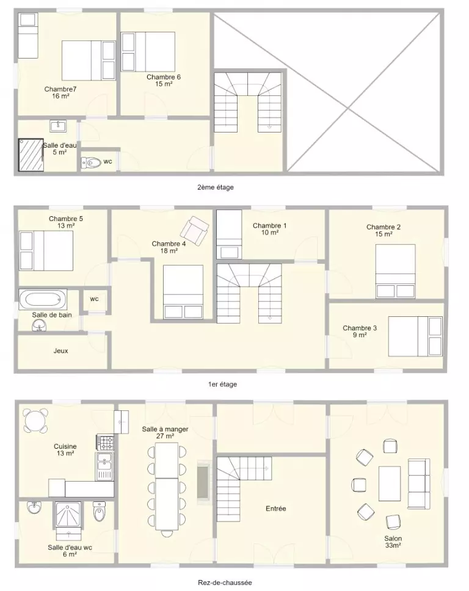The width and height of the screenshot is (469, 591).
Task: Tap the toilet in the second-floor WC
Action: point(91,163)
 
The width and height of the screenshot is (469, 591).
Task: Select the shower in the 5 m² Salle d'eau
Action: point(31,154)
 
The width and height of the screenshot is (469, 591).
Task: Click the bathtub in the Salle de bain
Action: point(43,300)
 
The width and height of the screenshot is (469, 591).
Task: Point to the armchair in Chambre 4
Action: point(194,230)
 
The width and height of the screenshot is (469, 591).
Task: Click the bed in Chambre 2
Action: point(396,271)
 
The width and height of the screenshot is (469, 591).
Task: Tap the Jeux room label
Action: point(60,351)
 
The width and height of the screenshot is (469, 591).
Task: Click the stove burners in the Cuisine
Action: point(105,443)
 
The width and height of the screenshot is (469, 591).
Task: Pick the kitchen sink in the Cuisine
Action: point(105,466)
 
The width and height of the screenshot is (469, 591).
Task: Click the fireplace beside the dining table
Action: point(203,481)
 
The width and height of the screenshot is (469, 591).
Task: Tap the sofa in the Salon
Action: point(419,483)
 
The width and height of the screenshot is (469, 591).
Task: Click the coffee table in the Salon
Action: point(390,483)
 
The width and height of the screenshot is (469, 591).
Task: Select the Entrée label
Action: point(276,509)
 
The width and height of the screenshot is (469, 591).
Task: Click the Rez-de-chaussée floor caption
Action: point(225,582)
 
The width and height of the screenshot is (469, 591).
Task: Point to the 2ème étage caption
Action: point(216,187)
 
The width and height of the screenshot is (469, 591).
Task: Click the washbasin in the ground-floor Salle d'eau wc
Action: point(34,508)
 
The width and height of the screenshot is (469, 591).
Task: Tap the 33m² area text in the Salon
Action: point(393,545)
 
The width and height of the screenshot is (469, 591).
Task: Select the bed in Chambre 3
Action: point(415,336)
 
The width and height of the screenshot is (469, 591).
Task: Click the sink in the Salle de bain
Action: point(39,325)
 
